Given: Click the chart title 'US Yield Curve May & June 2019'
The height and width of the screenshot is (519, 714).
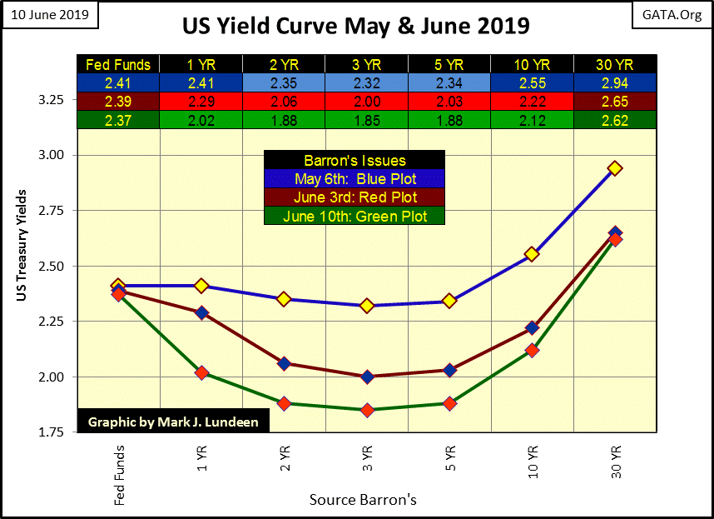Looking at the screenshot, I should point(355,26).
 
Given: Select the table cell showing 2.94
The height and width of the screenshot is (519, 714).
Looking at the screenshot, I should point(613,82).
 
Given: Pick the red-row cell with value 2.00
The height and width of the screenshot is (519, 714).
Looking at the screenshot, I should point(367,101).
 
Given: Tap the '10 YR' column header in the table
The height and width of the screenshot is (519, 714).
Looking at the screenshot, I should point(532,64).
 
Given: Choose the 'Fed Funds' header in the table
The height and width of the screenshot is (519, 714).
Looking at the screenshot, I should point(117,64).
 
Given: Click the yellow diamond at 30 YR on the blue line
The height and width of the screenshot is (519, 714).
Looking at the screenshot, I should point(615,168).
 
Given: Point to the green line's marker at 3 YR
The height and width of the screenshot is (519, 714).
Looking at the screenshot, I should point(367,410).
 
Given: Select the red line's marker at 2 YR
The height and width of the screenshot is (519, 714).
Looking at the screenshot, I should point(284,363).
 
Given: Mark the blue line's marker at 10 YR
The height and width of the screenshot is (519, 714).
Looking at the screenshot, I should point(532,254).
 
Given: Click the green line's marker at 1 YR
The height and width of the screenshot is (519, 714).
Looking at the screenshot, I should point(201,372).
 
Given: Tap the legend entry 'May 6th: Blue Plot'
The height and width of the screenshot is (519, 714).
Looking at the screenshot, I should point(354,179).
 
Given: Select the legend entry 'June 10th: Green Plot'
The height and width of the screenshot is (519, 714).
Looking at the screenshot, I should point(354,216).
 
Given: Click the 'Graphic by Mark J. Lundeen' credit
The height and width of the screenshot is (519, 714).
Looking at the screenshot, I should point(173,422).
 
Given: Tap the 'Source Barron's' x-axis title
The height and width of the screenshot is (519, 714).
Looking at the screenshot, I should point(362,500).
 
